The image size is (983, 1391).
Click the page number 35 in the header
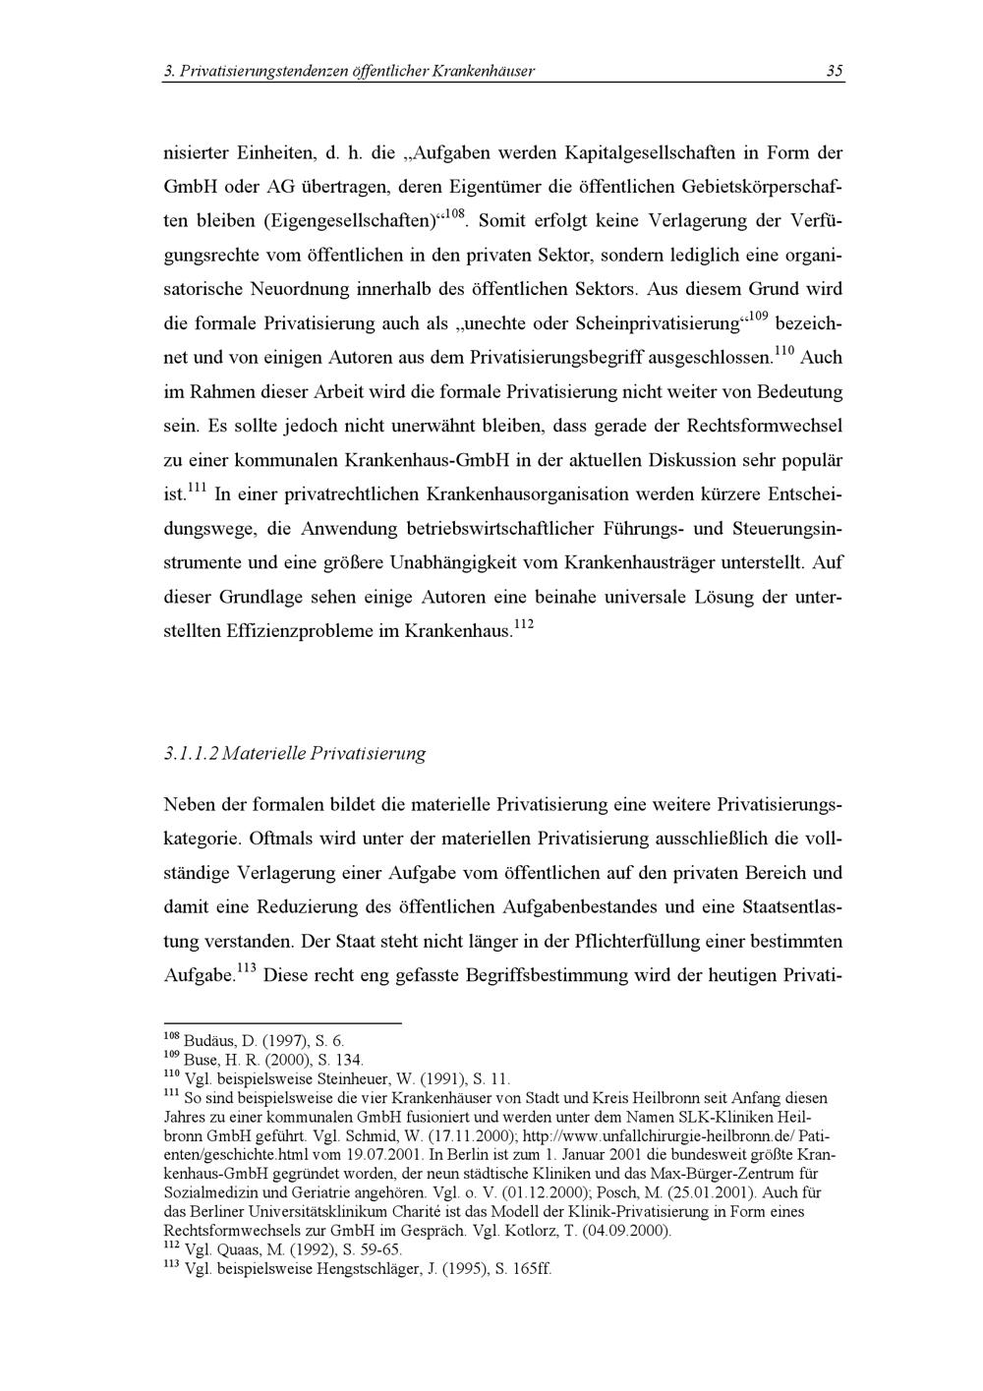(835, 71)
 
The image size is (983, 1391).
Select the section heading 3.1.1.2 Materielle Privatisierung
(295, 754)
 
